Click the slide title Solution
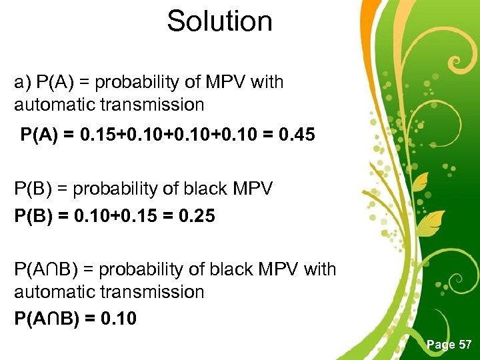[219, 21]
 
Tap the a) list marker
[23, 83]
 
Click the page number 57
[465, 345]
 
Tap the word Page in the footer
[439, 345]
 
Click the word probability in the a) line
[147, 83]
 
